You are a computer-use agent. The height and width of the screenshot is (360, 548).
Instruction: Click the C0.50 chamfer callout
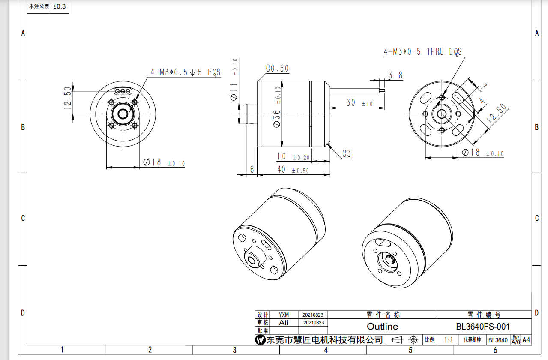coord(277,69)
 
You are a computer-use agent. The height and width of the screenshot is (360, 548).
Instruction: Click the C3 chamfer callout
coord(346,153)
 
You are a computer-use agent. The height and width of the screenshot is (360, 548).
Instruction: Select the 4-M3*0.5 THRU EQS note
coord(422,52)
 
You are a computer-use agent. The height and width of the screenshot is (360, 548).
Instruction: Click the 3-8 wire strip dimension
coord(395,75)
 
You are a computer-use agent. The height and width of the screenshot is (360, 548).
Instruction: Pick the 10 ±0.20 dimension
coord(293,156)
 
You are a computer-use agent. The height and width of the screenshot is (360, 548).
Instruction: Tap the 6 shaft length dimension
coord(252,170)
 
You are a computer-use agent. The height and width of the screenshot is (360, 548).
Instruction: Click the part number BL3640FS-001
coord(483,327)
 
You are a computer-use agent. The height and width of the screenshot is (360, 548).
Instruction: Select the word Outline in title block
coord(382,327)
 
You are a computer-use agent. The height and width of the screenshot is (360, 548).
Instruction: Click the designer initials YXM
coord(284,315)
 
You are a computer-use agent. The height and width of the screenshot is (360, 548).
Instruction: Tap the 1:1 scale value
coord(449,340)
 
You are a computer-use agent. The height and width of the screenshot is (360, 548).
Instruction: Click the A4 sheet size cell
coord(527,340)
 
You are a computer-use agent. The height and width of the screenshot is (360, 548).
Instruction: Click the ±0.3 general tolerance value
coord(60,7)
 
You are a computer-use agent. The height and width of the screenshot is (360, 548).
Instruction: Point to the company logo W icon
coord(260,340)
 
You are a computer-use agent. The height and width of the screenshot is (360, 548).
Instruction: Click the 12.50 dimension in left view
coord(68,99)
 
